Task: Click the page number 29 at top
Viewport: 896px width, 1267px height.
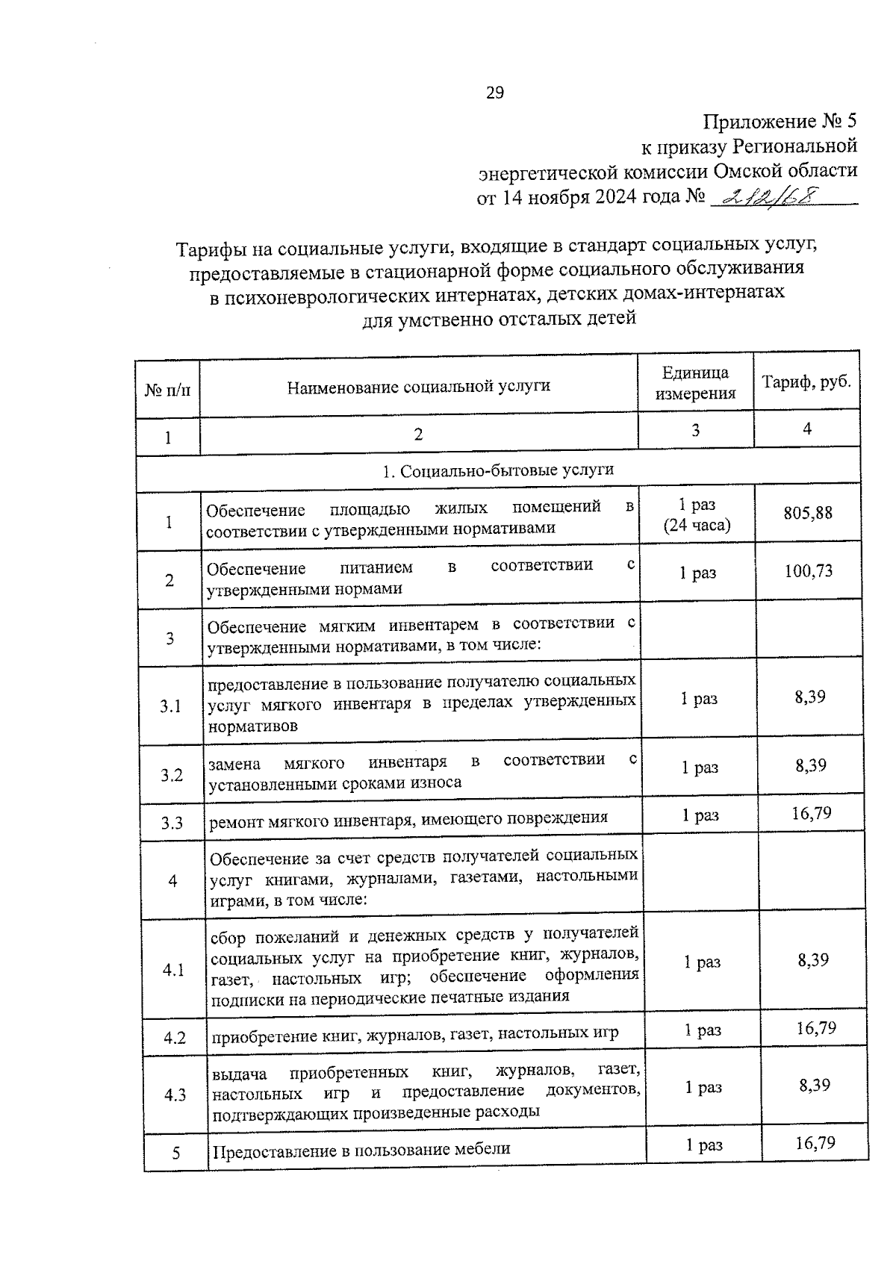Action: coord(494,93)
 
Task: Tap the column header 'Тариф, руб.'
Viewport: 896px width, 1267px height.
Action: coord(806,382)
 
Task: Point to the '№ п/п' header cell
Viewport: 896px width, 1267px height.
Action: coord(167,390)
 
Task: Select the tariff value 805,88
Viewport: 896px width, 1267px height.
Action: coord(807,513)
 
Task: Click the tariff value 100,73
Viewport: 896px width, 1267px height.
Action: coord(809,571)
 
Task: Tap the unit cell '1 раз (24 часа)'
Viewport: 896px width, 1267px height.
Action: coord(697,515)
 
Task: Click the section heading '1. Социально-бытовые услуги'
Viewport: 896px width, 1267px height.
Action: coord(498,470)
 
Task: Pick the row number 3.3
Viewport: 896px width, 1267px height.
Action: coord(172,824)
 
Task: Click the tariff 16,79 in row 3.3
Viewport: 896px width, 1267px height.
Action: coord(812,813)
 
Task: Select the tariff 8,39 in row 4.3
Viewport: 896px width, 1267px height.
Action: coord(815,1085)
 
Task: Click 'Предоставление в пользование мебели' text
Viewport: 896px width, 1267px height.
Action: coord(361,1149)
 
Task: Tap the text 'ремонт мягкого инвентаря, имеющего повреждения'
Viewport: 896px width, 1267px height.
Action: coord(408,818)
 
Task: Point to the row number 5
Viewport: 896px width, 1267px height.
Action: coord(176,1153)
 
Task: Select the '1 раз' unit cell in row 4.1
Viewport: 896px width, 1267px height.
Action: coord(702,962)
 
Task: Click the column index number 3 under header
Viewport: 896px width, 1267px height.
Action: coord(695,431)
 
